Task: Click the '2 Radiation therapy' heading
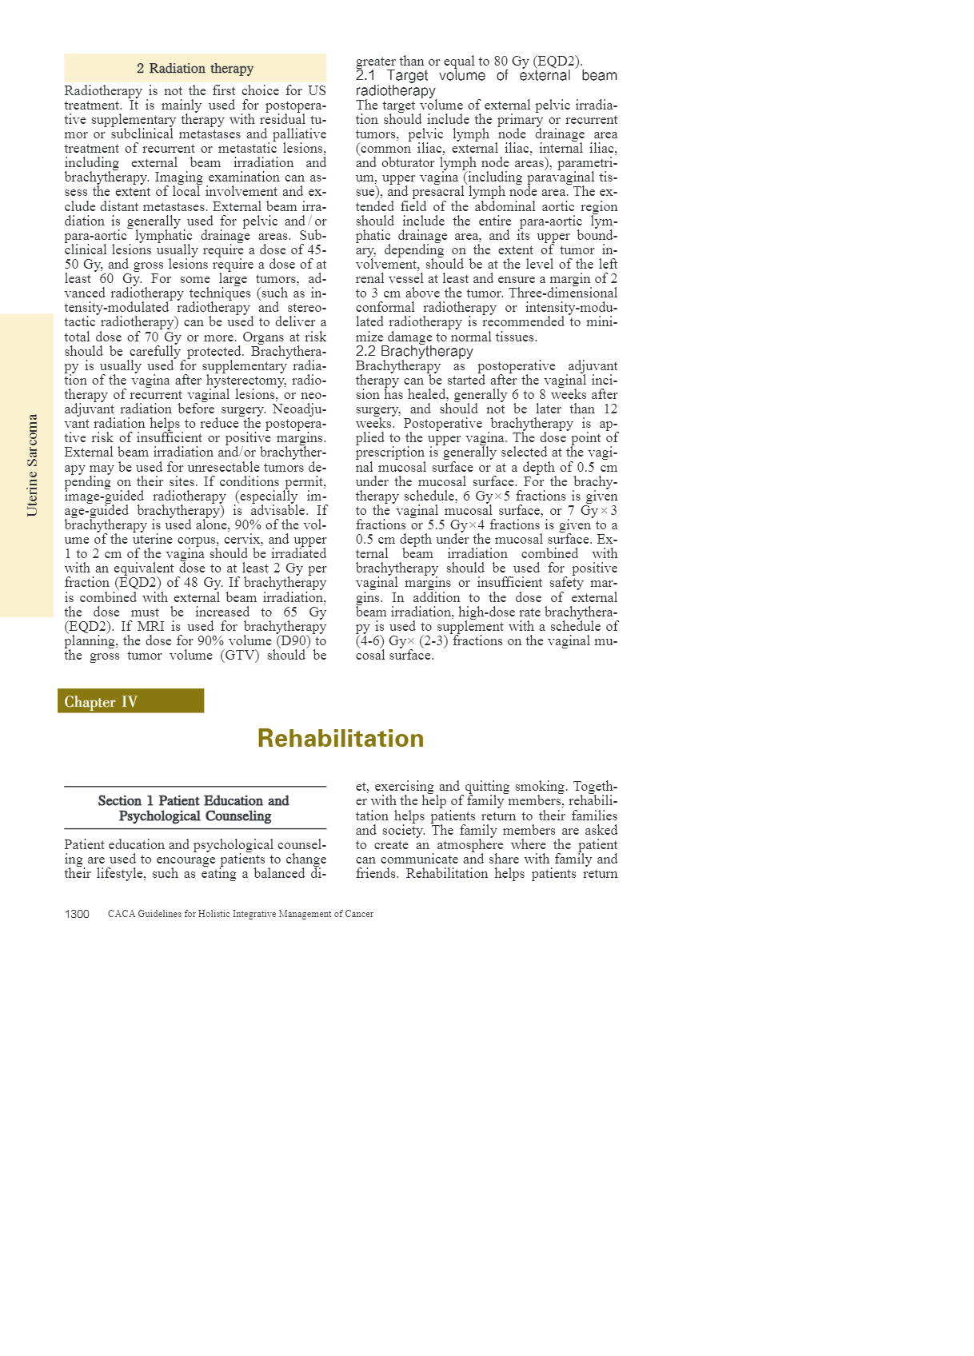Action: (x=195, y=69)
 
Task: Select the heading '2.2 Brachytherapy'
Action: (x=414, y=351)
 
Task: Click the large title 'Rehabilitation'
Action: (x=341, y=738)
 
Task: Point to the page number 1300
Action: (x=77, y=914)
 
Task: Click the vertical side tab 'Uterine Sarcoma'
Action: (x=32, y=465)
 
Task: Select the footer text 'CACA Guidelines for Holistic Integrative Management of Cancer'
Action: (x=241, y=914)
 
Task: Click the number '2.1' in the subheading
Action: (x=365, y=76)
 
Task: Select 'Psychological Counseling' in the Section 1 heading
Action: (x=195, y=816)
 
